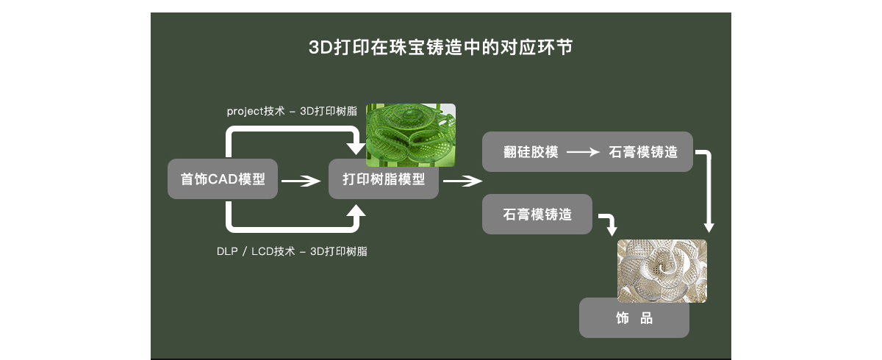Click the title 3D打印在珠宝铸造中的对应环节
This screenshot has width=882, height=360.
tap(440, 48)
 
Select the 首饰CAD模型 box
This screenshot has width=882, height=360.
tap(223, 179)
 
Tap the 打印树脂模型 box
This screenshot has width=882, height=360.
tap(383, 179)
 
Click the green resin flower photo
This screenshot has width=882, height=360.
tap(410, 134)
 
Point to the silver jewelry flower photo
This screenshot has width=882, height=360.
tap(661, 270)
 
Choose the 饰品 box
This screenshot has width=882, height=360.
tap(634, 318)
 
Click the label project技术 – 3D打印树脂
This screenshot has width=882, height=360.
tap(292, 111)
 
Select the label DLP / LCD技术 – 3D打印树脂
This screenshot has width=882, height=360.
tap(292, 251)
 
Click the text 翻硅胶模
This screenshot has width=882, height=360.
tap(531, 152)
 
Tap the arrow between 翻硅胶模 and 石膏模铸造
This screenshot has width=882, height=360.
tap(584, 152)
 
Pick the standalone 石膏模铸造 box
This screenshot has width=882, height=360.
tap(537, 215)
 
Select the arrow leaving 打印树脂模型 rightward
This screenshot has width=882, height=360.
tap(462, 180)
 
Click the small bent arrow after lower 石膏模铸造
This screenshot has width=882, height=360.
tap(608, 223)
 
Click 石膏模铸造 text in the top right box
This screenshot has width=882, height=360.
tap(643, 152)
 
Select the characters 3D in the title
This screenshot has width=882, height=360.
tap(320, 48)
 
